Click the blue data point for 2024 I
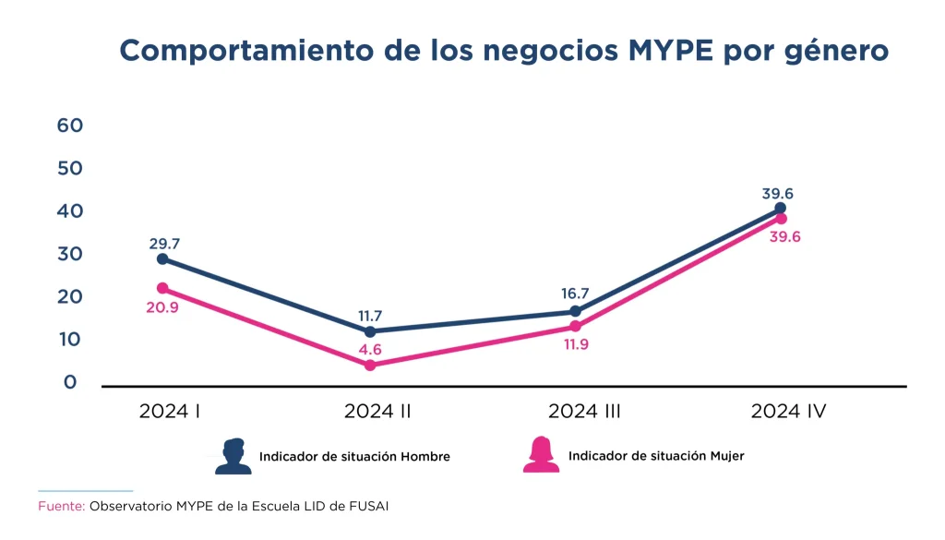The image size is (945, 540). pos(162,258)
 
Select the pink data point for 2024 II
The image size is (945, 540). pos(370,366)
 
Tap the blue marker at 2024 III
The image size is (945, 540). pos(575,311)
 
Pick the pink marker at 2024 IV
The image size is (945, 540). pos(781,219)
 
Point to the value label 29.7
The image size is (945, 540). pos(164,244)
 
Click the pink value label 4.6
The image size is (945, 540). pos(369,349)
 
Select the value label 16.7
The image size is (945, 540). pos(576,294)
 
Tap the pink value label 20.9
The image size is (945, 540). pos(161,307)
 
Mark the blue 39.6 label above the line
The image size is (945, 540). pos(778,194)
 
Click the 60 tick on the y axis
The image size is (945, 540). pos(70,126)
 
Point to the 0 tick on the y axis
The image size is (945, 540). pos(70,382)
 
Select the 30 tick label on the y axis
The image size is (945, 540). pos(70,254)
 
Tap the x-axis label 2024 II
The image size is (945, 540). pos(377,412)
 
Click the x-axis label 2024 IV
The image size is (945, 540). pos(788,412)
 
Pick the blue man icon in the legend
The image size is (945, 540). pos(233,456)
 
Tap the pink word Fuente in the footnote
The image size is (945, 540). pos(61,507)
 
